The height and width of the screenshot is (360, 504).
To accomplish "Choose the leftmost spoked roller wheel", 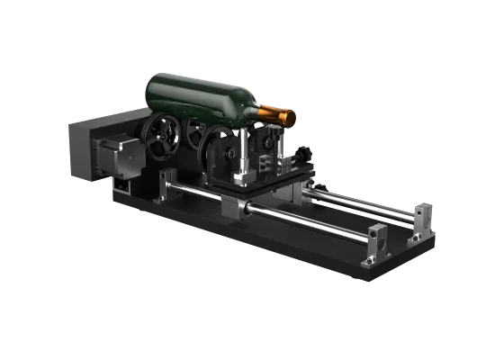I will [x=162, y=139].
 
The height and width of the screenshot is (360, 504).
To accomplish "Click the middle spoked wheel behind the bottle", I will [x=193, y=133].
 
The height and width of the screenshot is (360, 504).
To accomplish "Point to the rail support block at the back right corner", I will [x=420, y=219].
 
